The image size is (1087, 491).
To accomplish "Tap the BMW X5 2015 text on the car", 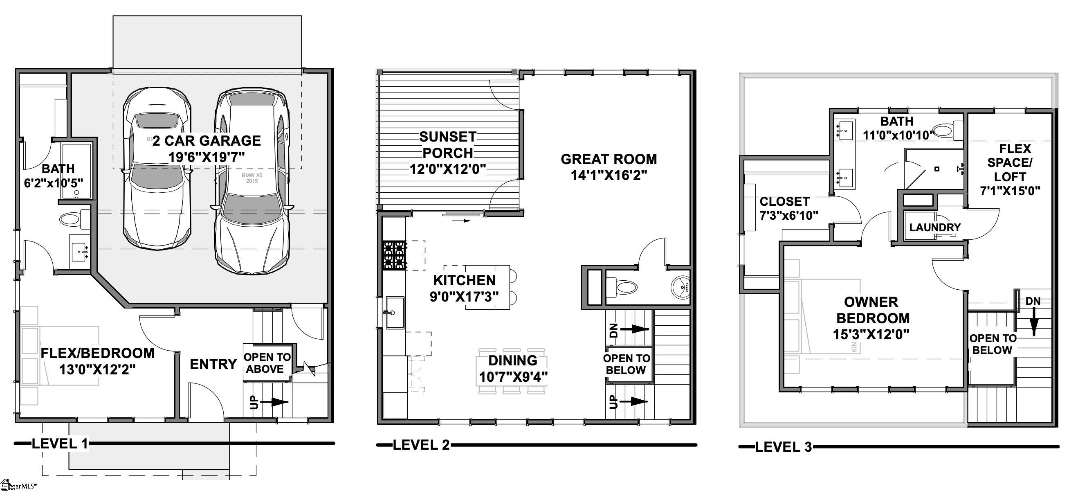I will click(252, 178).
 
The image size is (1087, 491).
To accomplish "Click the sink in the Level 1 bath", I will click(80, 252).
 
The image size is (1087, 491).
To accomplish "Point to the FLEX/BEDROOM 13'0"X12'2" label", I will click(97, 361).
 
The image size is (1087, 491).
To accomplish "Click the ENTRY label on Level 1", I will click(213, 364).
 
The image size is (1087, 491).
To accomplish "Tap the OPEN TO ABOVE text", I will click(267, 363).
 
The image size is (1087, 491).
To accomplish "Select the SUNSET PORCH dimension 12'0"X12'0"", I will click(448, 169).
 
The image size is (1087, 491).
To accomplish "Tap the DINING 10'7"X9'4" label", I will click(513, 368).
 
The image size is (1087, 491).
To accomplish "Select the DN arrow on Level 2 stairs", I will click(635, 329).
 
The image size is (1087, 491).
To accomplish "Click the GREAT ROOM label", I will click(609, 167).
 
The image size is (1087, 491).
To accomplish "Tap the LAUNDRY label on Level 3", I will click(935, 227).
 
